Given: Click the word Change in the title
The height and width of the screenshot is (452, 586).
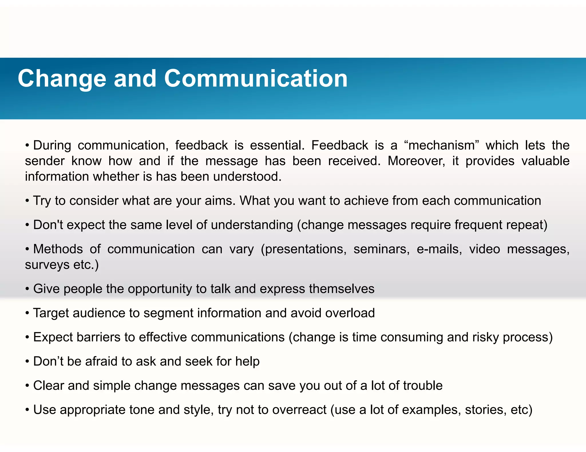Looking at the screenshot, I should [62, 79].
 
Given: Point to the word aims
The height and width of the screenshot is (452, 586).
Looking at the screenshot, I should [220, 201].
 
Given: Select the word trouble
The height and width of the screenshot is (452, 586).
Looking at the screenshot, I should [423, 386].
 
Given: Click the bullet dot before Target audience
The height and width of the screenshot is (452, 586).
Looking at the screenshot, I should [27, 313].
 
